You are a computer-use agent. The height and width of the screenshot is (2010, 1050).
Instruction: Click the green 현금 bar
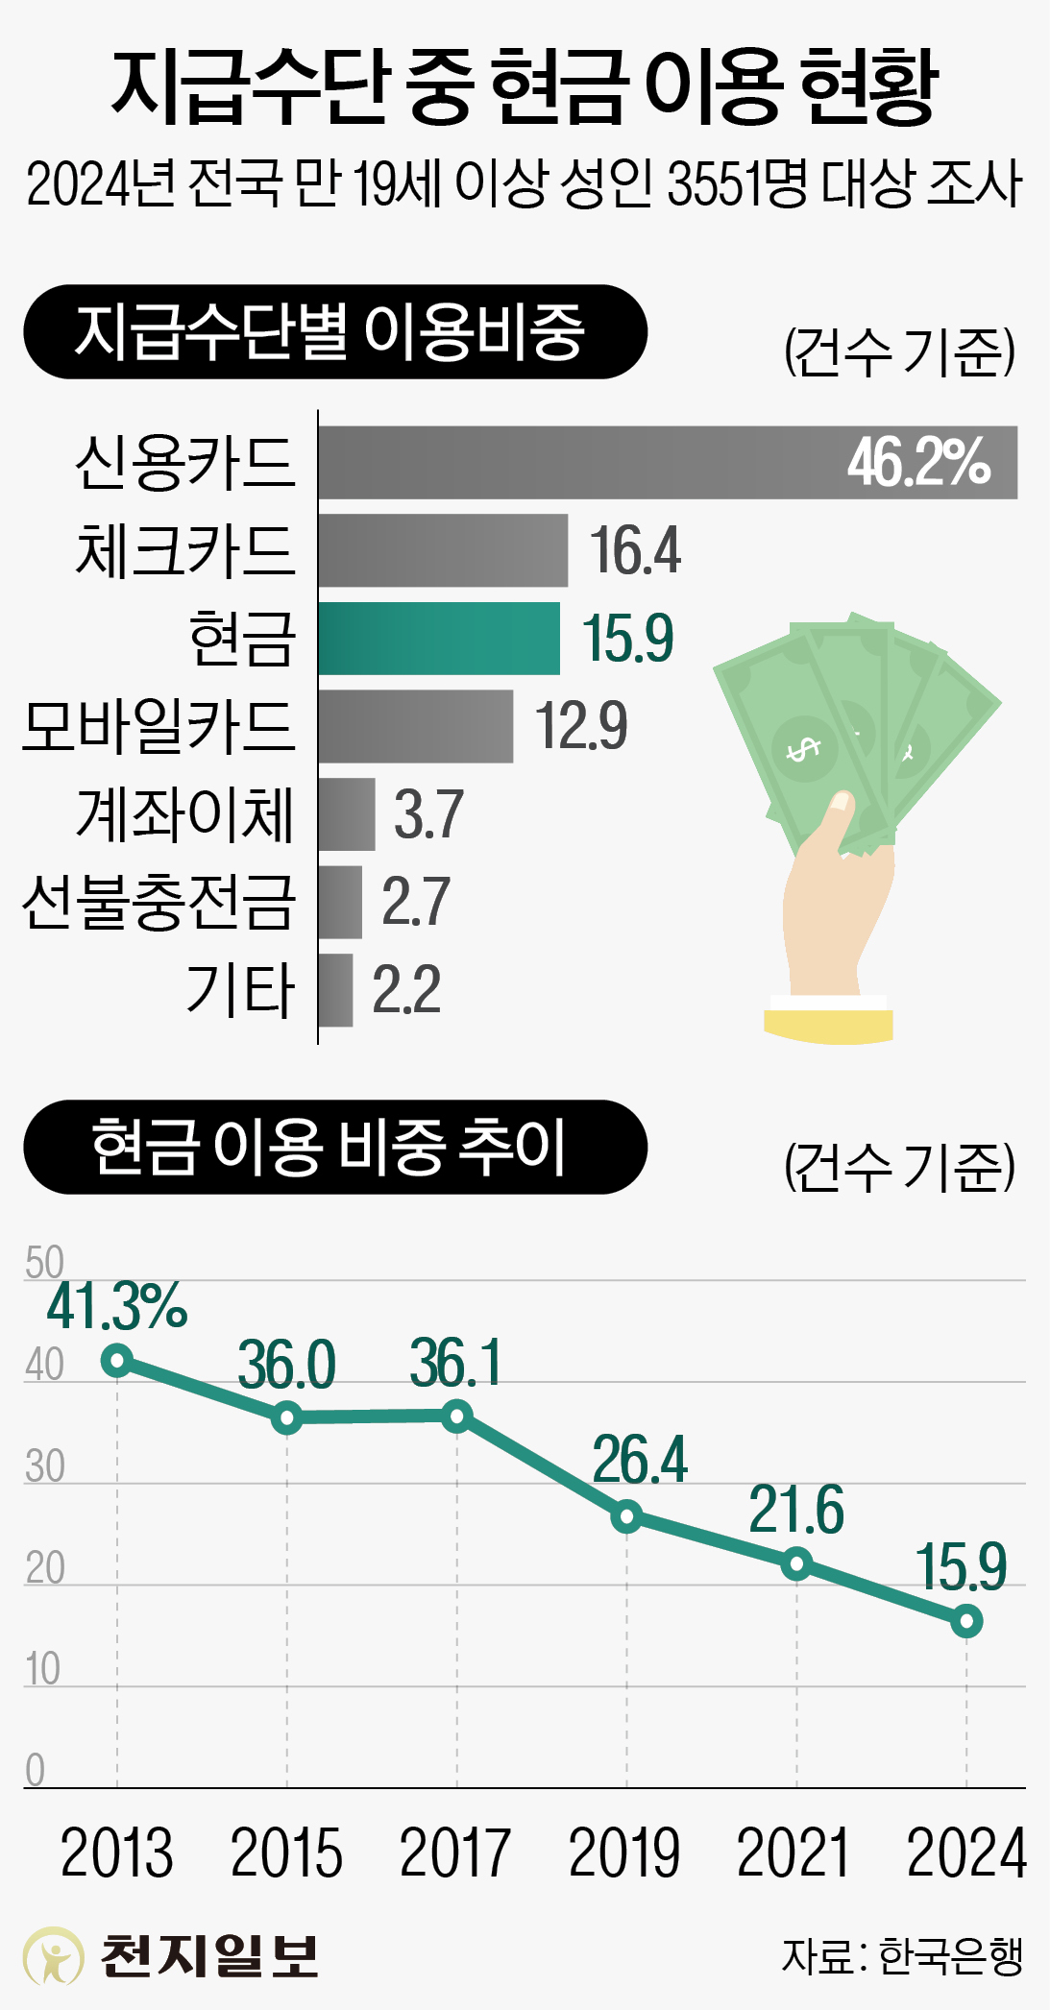tap(439, 639)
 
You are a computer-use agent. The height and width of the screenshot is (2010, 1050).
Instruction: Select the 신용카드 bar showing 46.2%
tap(668, 462)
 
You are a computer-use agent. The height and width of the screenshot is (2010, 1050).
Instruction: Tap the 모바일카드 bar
tap(415, 726)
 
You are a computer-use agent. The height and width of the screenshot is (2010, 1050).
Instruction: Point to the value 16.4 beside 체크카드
tap(635, 551)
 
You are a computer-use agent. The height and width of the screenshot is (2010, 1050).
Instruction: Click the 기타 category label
tap(240, 990)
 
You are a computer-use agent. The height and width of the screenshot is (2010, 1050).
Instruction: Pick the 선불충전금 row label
tap(159, 902)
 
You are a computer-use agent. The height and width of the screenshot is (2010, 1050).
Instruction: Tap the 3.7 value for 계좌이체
tap(428, 814)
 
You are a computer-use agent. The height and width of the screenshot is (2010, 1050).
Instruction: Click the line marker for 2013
tap(117, 1360)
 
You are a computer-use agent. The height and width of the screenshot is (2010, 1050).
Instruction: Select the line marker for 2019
tap(626, 1516)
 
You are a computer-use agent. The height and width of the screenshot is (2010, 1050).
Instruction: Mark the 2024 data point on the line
tap(965, 1622)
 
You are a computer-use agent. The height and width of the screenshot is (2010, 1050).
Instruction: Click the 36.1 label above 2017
tap(455, 1363)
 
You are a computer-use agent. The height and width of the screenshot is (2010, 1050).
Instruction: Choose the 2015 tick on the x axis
tap(286, 1853)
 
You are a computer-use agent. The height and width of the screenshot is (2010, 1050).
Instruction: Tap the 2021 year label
tap(794, 1853)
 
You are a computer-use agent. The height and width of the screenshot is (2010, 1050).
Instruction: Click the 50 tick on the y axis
tap(44, 1262)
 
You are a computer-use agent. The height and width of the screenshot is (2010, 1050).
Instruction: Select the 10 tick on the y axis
tap(42, 1670)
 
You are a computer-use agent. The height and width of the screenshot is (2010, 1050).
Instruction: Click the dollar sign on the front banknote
tap(802, 749)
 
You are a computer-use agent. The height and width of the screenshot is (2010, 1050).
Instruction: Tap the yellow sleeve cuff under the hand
tap(829, 1025)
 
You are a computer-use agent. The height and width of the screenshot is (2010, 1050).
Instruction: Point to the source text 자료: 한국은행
tap(902, 1956)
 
